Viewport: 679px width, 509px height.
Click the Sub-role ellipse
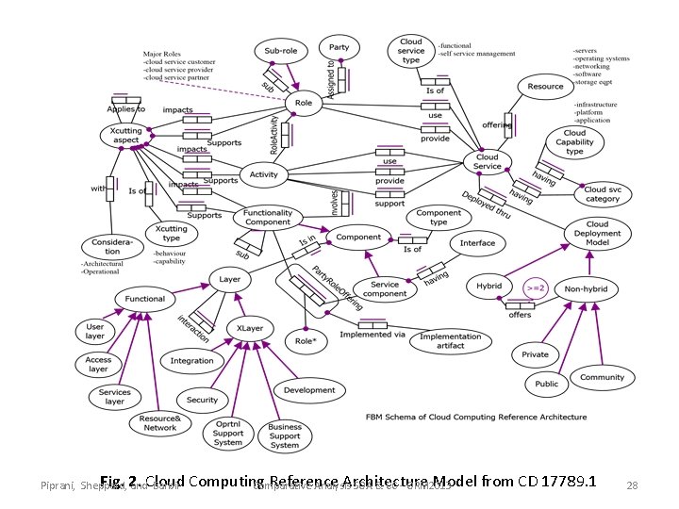(x=281, y=51)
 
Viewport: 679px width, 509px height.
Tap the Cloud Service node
(x=488, y=161)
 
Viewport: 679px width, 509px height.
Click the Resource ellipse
(x=545, y=87)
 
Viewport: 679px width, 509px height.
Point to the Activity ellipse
(x=264, y=174)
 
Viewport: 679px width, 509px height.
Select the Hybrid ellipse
(x=489, y=286)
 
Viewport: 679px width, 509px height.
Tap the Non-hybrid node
(x=586, y=288)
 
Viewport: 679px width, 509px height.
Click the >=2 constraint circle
(x=536, y=287)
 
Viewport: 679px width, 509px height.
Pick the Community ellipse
(x=602, y=377)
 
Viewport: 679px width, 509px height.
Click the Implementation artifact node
(x=451, y=340)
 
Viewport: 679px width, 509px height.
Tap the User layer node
(x=95, y=332)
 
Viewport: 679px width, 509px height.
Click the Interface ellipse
(x=477, y=243)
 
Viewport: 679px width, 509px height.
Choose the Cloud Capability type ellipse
(x=574, y=142)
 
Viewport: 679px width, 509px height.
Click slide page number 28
(x=633, y=485)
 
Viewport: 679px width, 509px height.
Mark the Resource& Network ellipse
(x=160, y=422)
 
